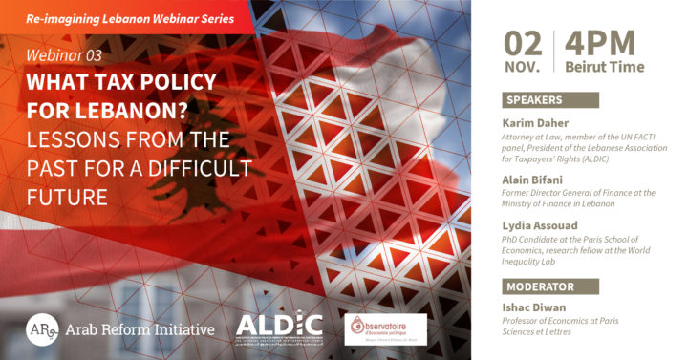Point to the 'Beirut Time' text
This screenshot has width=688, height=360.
tap(604, 67)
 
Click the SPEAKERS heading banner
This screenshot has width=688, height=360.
tap(549, 100)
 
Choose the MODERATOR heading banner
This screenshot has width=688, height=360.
tap(549, 286)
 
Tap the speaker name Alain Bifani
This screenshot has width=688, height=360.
tap(536, 178)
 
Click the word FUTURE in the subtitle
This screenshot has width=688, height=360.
tap(71, 198)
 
